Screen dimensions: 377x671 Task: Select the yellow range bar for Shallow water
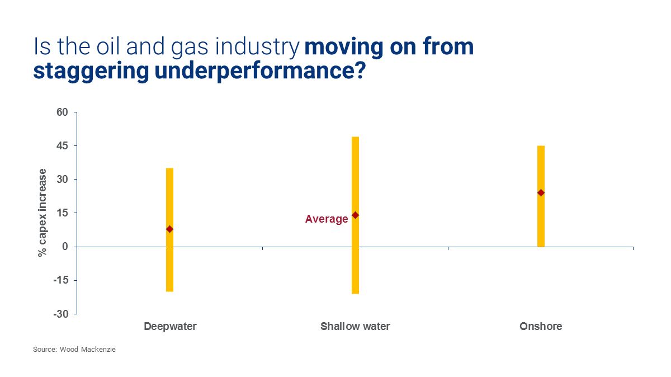[355, 168]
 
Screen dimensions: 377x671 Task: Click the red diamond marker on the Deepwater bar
[169, 229]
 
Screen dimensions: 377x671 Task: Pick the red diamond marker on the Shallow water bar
[355, 215]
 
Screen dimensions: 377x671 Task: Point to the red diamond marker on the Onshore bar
[541, 193]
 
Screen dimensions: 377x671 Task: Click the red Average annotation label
[327, 219]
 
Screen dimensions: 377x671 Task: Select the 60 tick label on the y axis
[62, 112]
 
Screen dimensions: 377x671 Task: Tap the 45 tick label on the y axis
[62, 146]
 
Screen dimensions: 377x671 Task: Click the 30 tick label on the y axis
[62, 180]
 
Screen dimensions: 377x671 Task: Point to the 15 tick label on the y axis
[62, 213]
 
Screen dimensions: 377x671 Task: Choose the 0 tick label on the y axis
[65, 247]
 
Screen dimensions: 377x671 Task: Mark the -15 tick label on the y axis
[60, 280]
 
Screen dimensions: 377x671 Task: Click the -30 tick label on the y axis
[60, 314]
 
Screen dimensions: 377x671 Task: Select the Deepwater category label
[170, 327]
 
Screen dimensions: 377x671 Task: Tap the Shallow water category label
[355, 327]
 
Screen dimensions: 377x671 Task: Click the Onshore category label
[541, 327]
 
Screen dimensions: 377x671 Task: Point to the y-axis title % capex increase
[42, 213]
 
